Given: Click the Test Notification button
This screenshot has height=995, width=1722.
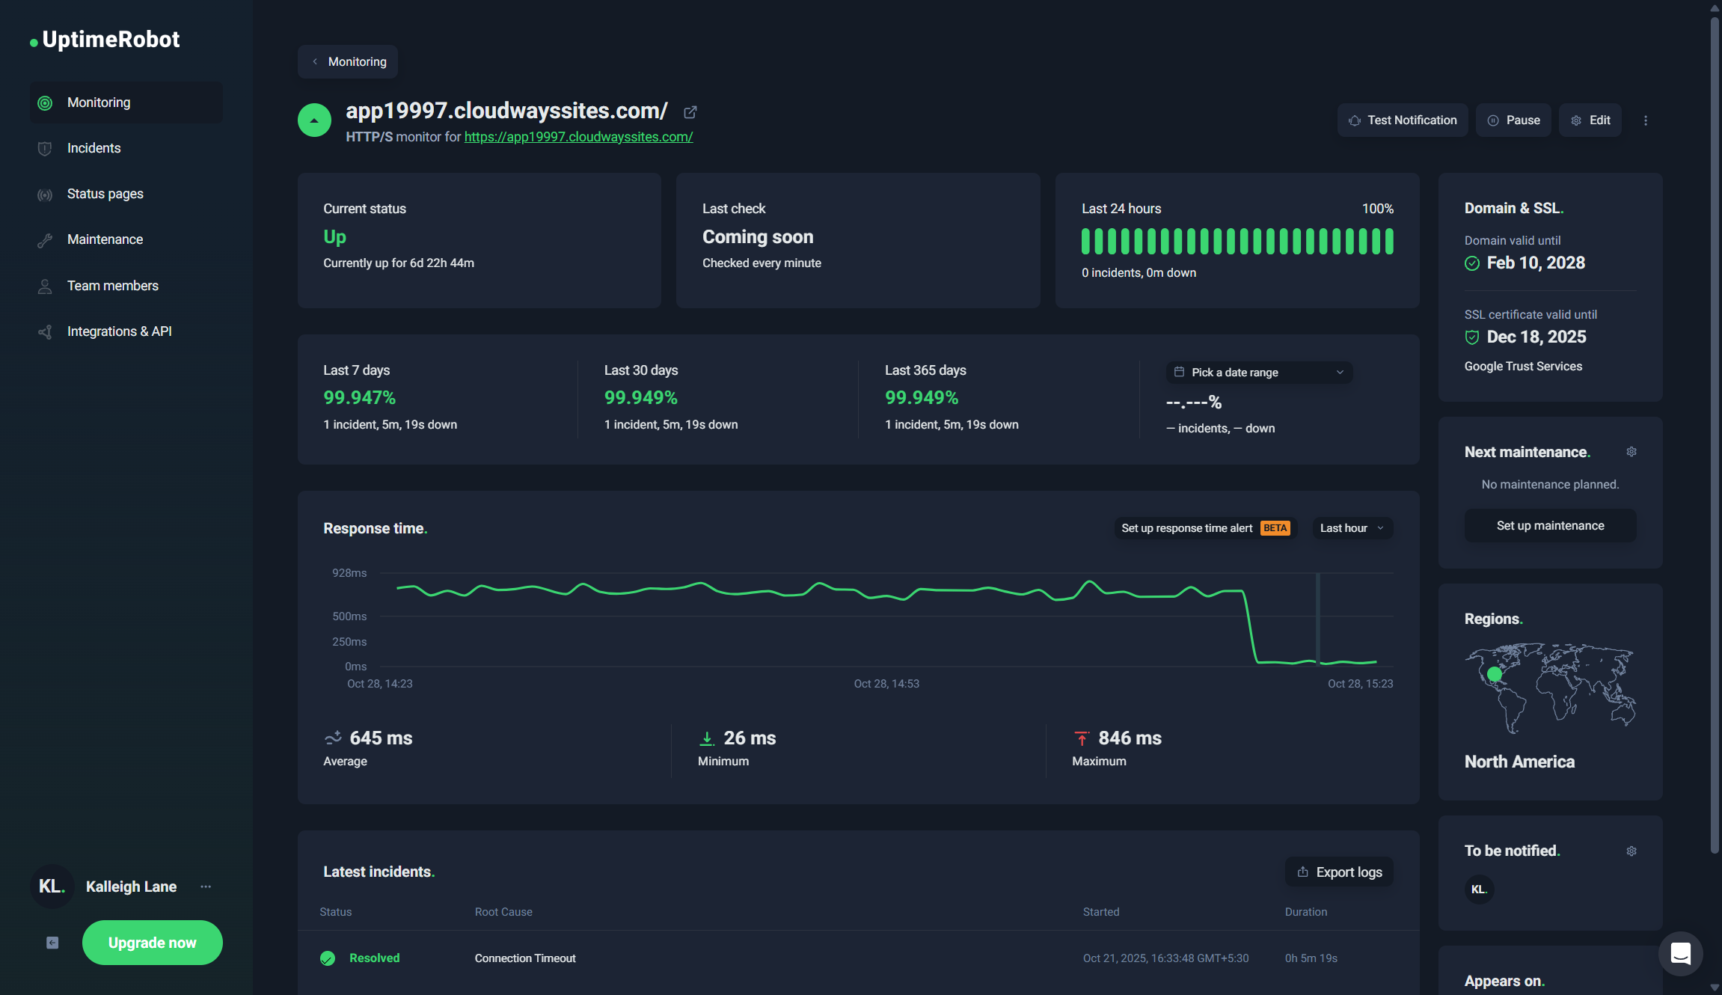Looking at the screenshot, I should [x=1403, y=120].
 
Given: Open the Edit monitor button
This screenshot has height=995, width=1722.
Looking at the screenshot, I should [x=1590, y=120].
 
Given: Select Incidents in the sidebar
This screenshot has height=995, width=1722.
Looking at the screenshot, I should [x=94, y=148].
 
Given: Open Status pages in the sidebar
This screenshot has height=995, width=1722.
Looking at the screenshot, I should [x=105, y=194].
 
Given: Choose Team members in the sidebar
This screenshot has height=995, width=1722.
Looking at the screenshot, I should [x=112, y=286].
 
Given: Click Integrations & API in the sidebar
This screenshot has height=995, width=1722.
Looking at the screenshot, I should [x=119, y=331].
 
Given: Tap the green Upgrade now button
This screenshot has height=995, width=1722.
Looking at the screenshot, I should [x=152, y=943].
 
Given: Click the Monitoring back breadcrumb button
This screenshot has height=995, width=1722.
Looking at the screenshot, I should [x=349, y=62].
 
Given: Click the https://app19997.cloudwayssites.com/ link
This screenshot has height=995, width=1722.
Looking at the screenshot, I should [x=578, y=137].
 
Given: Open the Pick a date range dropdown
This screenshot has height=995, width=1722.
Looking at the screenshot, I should [x=1259, y=373].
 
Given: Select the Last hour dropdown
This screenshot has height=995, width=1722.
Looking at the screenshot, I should [x=1352, y=528].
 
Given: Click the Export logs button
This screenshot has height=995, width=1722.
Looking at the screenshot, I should [x=1339, y=872].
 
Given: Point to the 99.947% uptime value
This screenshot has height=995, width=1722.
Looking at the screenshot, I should [x=359, y=398].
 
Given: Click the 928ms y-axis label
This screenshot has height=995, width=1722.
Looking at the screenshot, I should [x=349, y=573].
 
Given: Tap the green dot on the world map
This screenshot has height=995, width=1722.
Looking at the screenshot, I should [x=1495, y=674].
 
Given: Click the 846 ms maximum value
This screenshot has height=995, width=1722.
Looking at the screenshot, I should [x=1130, y=738].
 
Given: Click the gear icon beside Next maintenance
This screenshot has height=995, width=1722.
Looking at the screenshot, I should [x=1631, y=452].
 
